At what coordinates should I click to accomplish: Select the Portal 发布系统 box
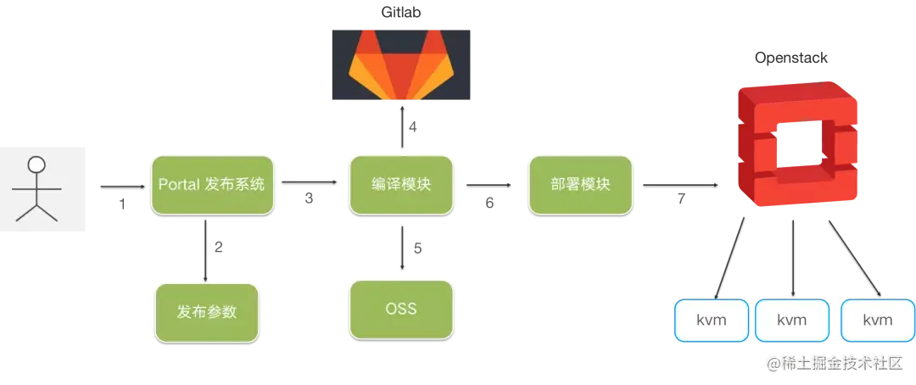click(212, 184)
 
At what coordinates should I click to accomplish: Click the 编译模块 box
click(401, 184)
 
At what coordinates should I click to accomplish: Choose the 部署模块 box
click(581, 184)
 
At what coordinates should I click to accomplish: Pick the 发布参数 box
click(206, 311)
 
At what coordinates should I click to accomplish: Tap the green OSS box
click(401, 309)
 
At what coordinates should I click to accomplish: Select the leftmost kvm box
click(711, 321)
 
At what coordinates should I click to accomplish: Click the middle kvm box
click(792, 321)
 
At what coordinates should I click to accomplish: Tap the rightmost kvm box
click(877, 321)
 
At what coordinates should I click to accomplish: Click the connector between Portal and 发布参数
click(208, 248)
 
